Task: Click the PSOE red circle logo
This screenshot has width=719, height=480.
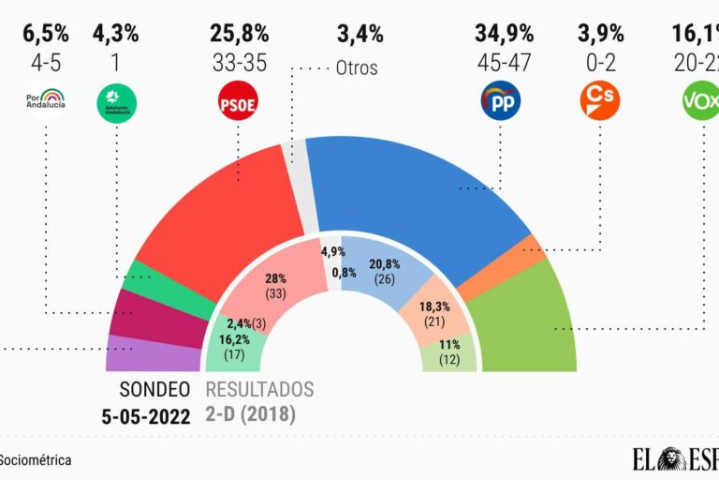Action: click(237, 99)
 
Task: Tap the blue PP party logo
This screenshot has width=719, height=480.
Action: click(500, 99)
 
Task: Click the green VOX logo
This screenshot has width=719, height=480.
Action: click(700, 99)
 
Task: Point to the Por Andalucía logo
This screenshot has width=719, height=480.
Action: click(46, 98)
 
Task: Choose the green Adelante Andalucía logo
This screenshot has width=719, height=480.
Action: click(115, 99)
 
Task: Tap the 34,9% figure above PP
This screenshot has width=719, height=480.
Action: click(504, 35)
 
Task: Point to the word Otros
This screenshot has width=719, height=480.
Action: click(359, 67)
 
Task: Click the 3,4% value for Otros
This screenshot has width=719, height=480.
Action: click(359, 35)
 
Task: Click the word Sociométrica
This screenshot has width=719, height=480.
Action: click(36, 460)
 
